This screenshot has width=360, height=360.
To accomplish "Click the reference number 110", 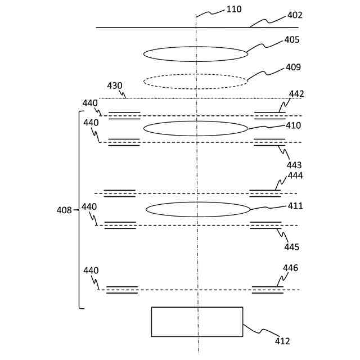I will click(233, 9).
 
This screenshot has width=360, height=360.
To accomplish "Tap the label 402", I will click(295, 15).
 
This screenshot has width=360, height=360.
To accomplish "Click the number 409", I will click(293, 67).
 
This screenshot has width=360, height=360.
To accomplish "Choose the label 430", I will click(115, 85).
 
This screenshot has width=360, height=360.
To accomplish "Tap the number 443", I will click(294, 165).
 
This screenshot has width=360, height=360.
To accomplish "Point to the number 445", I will click(292, 247).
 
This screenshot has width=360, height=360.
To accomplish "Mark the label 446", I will click(291, 268).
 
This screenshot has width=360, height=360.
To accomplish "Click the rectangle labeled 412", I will click(197, 322).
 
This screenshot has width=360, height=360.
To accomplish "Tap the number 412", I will click(282, 340).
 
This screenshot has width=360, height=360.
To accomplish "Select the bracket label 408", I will click(64, 210).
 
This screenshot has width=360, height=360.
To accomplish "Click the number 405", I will click(292, 40).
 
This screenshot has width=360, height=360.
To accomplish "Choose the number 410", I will click(293, 125).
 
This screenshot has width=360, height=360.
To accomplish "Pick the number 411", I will click(295, 206).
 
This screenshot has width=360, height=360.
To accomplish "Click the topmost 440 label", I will click(90, 103).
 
